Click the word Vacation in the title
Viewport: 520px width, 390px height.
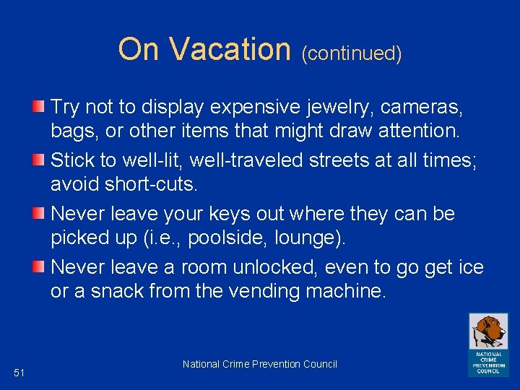tap(230, 49)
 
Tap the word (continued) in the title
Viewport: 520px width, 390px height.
tap(352, 53)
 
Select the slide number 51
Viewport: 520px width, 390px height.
tap(19, 373)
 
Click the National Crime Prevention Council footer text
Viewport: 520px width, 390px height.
tap(260, 364)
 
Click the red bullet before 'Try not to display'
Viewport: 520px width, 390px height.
tap(41, 108)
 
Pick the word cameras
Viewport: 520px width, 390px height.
tap(431, 108)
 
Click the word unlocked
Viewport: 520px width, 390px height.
tap(276, 268)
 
